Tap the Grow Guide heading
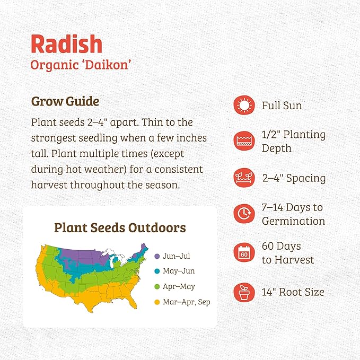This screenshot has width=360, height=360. point(65,101)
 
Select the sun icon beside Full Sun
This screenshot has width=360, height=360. point(244,106)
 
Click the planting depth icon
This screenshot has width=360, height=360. point(244,142)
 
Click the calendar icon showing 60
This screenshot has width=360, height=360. point(244,253)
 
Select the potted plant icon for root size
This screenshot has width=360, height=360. point(244,292)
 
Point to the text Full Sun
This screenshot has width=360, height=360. point(282,106)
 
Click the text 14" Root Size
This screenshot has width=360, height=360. point(293,292)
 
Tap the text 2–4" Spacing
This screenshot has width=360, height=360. point(294,178)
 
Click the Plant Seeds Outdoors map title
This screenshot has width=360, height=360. point(120,228)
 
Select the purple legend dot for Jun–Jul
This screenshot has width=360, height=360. point(157,256)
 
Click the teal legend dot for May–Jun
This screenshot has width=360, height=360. point(157,271)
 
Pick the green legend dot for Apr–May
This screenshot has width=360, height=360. point(157,287)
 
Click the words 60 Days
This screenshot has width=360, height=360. point(281,247)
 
